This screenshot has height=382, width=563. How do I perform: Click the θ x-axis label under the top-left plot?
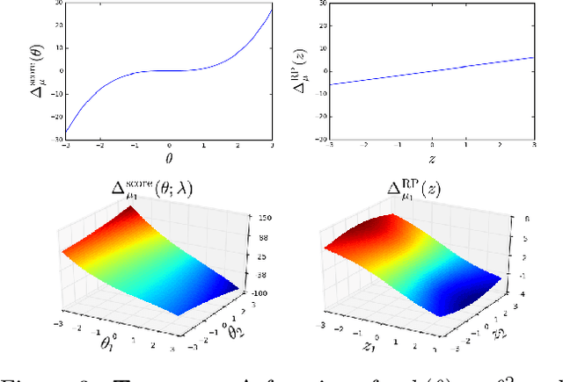click(x=170, y=157)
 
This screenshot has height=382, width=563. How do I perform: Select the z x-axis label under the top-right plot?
click(x=431, y=157)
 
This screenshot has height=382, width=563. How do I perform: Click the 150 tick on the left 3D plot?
click(x=261, y=217)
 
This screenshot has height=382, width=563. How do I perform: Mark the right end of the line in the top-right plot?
click(x=533, y=58)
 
